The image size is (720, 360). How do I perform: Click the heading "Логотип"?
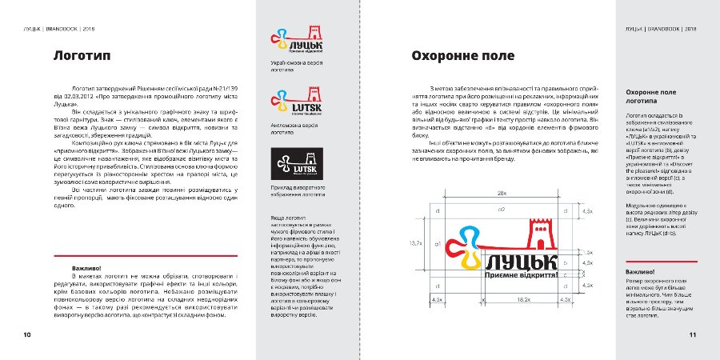tap(82, 57)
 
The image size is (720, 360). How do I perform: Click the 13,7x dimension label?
tap(415, 242)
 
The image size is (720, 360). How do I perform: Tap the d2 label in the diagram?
tap(501, 210)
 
